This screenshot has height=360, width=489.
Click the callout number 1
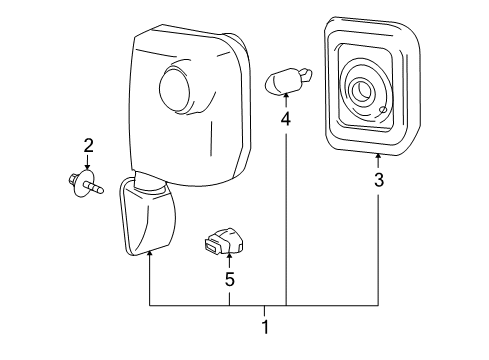tap(265, 325)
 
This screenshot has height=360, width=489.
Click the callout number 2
tap(88, 147)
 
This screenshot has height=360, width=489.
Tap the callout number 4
tap(286, 118)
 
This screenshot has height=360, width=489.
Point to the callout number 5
tap(229, 281)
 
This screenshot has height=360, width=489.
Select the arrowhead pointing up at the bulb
tap(286, 95)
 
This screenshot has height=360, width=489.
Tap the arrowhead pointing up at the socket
tap(229, 259)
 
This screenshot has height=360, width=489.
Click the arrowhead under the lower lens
tap(150, 256)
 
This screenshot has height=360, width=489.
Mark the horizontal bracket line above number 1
tap(265, 304)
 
